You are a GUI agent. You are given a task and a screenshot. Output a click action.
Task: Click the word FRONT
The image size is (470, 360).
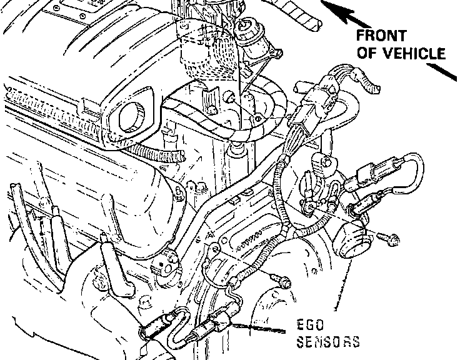click(381, 36)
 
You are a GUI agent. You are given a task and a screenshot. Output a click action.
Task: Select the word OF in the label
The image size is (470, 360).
click(368, 53)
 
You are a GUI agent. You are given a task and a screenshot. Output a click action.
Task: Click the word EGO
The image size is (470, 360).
click(310, 325)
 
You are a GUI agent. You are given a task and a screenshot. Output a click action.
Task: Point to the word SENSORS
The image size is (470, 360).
click(329, 342)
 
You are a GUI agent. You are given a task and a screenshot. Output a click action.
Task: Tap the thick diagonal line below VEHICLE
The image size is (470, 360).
click(442, 72)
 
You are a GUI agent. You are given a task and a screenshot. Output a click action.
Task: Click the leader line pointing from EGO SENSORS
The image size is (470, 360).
click(258, 328)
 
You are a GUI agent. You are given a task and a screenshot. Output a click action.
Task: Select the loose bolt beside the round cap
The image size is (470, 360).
click(389, 239)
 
